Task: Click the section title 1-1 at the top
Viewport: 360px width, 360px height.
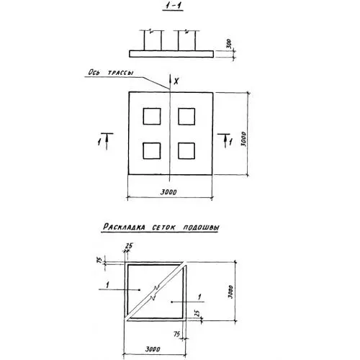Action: tap(173, 6)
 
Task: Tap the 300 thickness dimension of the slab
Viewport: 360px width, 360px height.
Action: tap(229, 44)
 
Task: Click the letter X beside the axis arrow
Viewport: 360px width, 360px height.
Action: tap(176, 81)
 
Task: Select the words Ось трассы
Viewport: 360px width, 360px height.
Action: tap(111, 73)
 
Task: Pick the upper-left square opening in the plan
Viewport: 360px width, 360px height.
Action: tap(152, 117)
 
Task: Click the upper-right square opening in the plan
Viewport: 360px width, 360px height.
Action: tap(186, 117)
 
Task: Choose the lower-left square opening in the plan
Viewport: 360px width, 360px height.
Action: tap(152, 151)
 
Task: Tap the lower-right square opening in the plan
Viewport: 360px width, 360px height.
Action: tap(186, 151)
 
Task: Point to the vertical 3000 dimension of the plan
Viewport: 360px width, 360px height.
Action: tap(243, 139)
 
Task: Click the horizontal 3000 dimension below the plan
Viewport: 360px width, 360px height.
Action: tap(168, 192)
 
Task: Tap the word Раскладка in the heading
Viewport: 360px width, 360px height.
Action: tap(124, 227)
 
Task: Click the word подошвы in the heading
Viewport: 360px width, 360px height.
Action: tap(201, 228)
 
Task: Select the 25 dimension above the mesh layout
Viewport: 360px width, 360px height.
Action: tap(129, 246)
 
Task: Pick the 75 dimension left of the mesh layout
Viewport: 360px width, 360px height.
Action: tap(99, 260)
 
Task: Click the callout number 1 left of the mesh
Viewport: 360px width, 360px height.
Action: tap(107, 285)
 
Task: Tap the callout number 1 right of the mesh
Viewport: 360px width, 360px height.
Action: tap(199, 297)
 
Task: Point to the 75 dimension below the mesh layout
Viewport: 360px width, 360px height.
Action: tap(177, 334)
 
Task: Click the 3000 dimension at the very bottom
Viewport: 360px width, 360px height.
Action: tap(153, 349)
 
